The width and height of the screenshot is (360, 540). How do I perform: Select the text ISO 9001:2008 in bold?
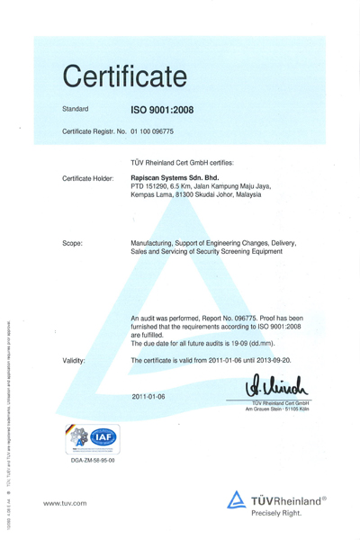pyautogui.click(x=162, y=110)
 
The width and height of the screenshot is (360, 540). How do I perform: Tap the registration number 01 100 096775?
pyautogui.click(x=152, y=132)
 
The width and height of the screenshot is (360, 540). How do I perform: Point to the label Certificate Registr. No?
pyautogui.click(x=94, y=132)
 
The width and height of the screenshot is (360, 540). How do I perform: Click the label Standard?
pyautogui.click(x=75, y=109)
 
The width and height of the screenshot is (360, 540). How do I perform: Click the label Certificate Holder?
pyautogui.click(x=87, y=178)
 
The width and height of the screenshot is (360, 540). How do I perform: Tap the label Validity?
pyautogui.click(x=74, y=360)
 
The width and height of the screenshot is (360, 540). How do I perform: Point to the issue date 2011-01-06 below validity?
pyautogui.click(x=148, y=396)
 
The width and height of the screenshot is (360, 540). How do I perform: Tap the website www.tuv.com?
pyautogui.click(x=65, y=503)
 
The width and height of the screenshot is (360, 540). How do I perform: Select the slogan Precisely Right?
pyautogui.click(x=276, y=511)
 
